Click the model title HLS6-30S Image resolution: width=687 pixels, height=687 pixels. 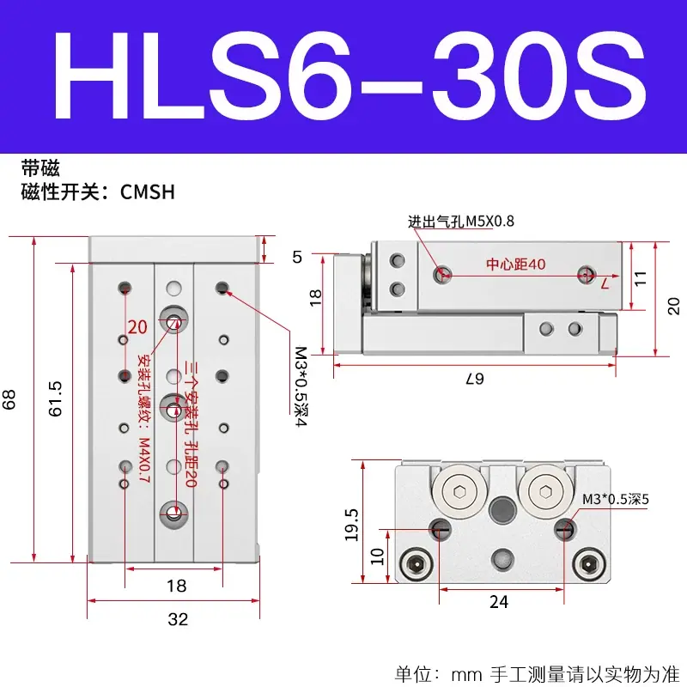tap(350, 76)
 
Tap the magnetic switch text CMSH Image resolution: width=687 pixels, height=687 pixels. tap(147, 192)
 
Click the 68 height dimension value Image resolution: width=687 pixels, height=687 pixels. tap(9, 399)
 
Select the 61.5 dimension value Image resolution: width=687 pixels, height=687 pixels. tap(55, 398)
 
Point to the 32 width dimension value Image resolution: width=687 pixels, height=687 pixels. tap(178, 619)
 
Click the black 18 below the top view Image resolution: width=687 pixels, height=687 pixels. tap(177, 586)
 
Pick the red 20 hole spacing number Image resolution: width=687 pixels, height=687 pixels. tap(137, 327)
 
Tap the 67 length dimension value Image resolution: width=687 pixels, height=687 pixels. tap(475, 379)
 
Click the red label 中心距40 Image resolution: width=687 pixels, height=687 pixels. tap(516, 264)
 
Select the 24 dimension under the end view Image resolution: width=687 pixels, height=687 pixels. tap(499, 602)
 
